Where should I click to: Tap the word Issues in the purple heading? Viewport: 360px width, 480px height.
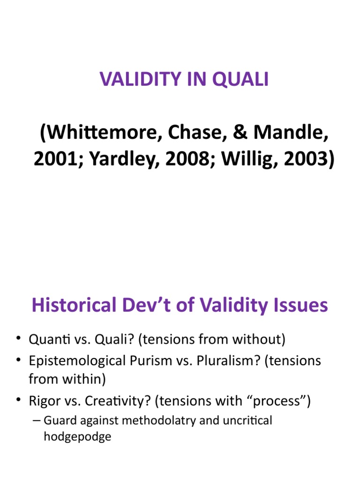coord(301,306)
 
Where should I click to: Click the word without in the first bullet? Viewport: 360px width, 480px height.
coord(256,339)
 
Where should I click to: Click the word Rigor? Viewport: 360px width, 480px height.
coord(44,401)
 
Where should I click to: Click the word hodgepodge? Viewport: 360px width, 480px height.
coord(77,437)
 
